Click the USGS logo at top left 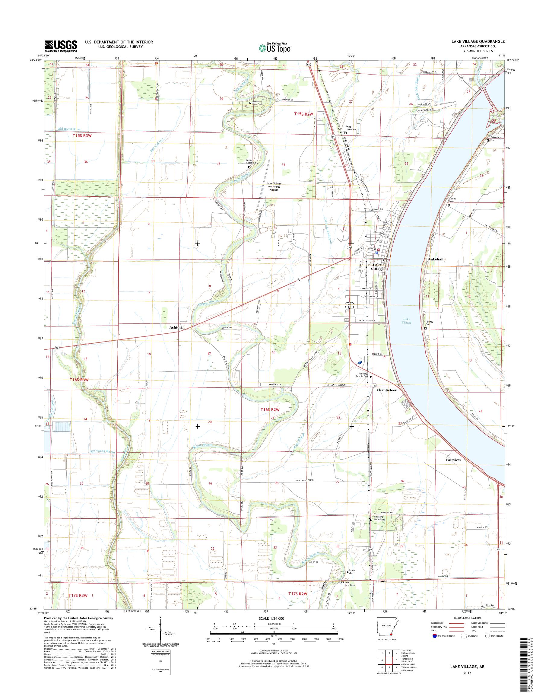point(61,46)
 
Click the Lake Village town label point(377,267)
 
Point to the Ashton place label point(176,327)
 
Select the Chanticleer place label point(387,390)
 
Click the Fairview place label point(453,460)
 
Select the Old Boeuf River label point(70,129)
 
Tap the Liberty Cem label point(430,323)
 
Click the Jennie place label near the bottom point(381,581)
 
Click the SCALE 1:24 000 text point(271,618)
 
